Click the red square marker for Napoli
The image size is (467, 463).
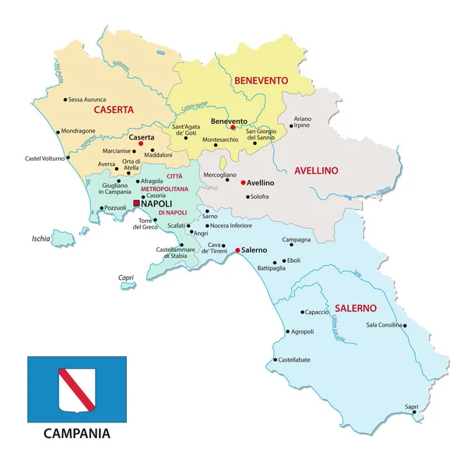[137, 203]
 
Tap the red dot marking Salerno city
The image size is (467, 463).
[237, 250]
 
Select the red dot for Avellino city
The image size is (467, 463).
[243, 182]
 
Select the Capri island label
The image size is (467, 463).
[125, 277]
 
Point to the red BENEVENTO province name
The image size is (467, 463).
[261, 80]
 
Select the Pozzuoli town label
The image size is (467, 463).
[114, 207]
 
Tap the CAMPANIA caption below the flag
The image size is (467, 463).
[76, 432]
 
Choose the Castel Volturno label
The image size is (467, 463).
[44, 158]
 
